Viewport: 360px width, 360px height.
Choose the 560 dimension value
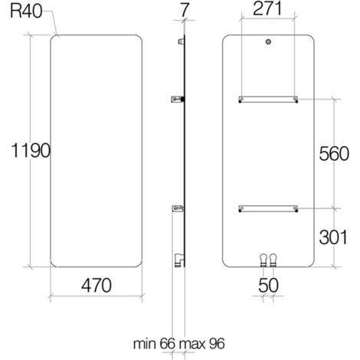[x=335, y=152]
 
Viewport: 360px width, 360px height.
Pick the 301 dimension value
[x=335, y=237]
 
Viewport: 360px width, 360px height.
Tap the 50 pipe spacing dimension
[x=268, y=285]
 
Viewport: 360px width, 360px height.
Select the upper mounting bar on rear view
[x=268, y=98]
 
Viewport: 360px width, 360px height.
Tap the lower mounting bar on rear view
[x=268, y=207]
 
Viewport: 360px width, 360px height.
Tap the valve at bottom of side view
[x=178, y=260]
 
